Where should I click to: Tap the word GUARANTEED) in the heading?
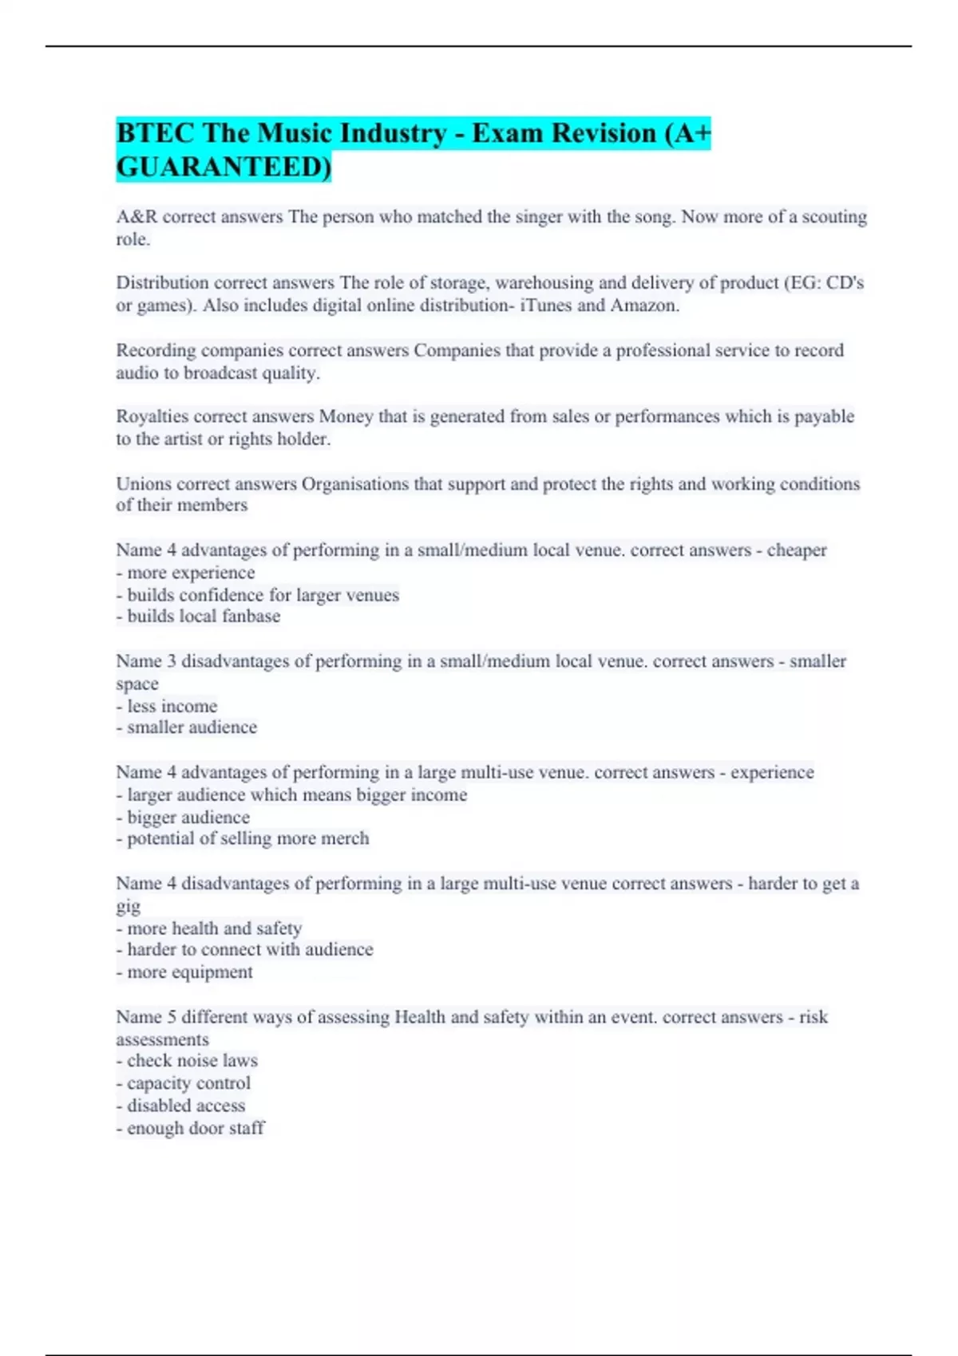click(x=224, y=167)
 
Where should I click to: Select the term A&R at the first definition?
click(x=137, y=217)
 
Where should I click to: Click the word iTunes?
click(x=547, y=305)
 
